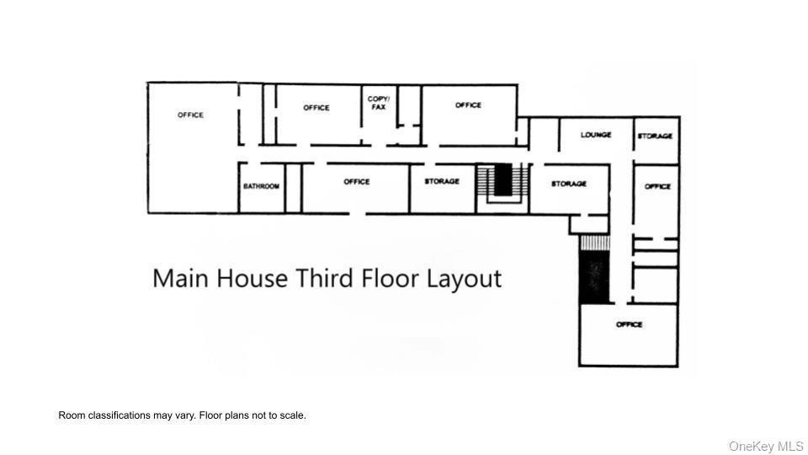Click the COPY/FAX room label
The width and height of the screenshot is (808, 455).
pos(379,103)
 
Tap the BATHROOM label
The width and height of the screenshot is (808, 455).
pos(261,186)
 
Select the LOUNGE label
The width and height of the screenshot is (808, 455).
pos(596,135)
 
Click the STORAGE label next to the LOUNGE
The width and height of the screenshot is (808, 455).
pos(655,136)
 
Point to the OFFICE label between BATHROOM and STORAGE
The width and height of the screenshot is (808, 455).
pos(357,181)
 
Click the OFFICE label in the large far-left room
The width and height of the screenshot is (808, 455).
pos(190,115)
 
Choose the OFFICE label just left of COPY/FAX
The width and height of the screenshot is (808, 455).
pos(316,108)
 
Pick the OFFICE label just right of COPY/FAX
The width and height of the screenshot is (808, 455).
pos(468,105)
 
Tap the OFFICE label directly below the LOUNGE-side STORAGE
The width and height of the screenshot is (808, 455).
pos(657,186)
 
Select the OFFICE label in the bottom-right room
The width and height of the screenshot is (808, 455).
pos(629,324)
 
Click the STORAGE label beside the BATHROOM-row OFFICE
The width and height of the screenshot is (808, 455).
pos(442,181)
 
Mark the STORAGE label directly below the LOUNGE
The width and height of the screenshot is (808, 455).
pos(569,184)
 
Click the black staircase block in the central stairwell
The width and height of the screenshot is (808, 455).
pos(502,179)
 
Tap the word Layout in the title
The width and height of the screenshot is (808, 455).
pos(462,279)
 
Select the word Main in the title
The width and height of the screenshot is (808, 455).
pos(181,278)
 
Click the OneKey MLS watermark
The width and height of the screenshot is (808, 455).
pos(766,446)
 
